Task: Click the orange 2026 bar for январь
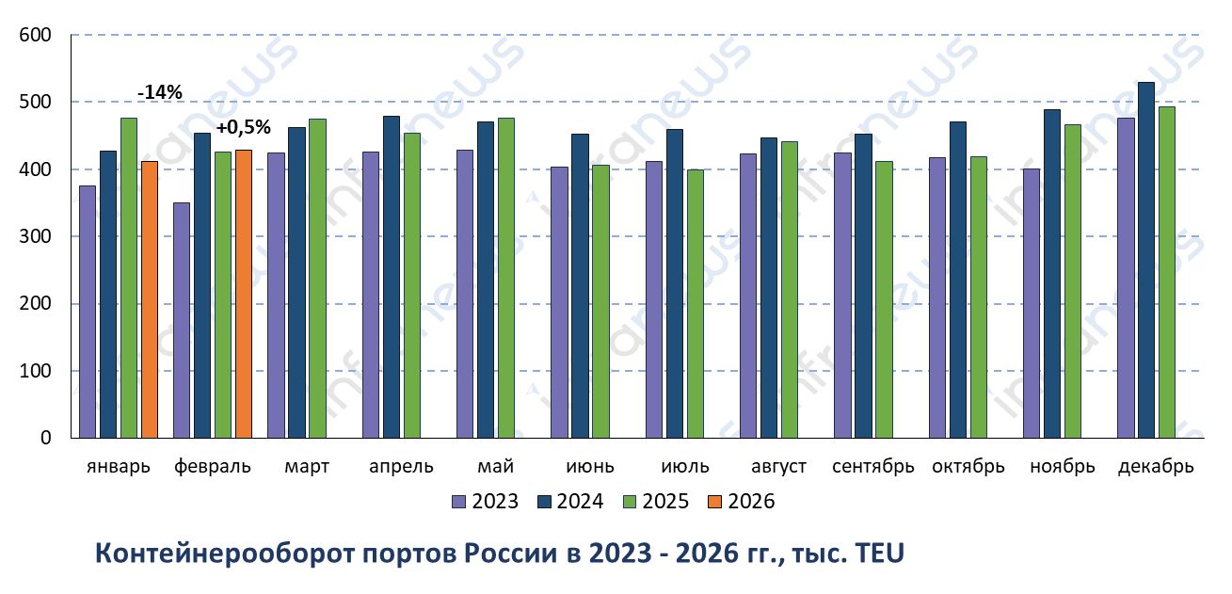pos(150,299)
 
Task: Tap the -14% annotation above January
pos(159,92)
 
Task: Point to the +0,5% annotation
pos(243,127)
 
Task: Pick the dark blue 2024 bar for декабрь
pos(1146,260)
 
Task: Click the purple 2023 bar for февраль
pos(182,320)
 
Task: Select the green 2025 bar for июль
pos(695,303)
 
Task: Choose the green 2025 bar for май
pos(506,278)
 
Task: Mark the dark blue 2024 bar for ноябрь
pos(1052,273)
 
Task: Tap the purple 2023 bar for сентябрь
pos(842,295)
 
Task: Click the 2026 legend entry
pos(742,502)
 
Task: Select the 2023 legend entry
pos(486,502)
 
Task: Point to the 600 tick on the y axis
pos(35,36)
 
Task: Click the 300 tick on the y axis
pos(35,237)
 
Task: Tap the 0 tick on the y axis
pos(45,438)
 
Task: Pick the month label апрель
pos(401,467)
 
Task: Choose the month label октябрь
pos(968,467)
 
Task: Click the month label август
pos(779,467)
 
